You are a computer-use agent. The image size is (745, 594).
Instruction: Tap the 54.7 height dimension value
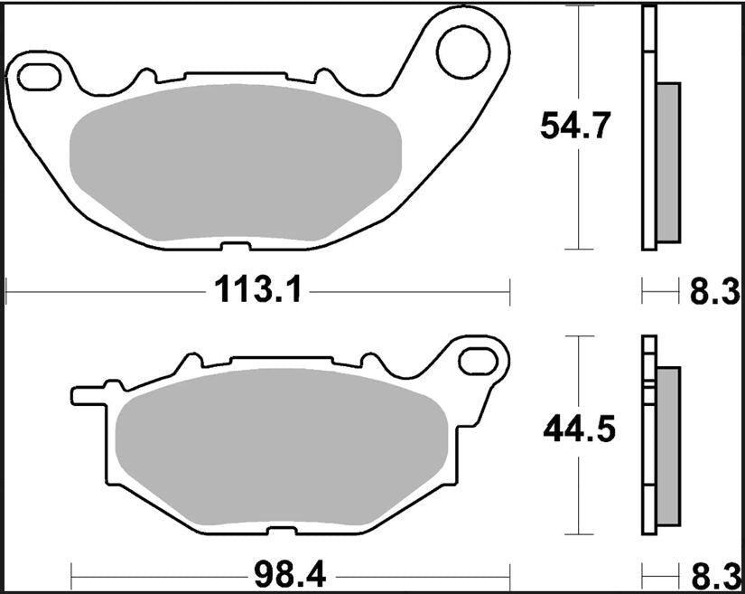tap(578, 125)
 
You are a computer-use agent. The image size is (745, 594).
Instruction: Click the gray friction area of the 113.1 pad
tap(235, 163)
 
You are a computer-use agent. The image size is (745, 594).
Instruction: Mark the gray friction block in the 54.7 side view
tap(666, 163)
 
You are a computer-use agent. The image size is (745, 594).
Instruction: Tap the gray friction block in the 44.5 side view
tap(667, 447)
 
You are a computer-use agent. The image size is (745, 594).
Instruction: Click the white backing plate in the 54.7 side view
tap(647, 127)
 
